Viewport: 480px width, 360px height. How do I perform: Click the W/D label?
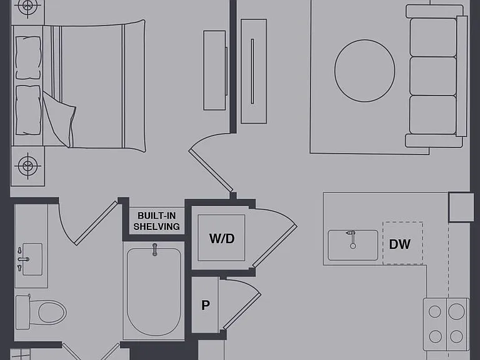pyautogui.click(x=222, y=239)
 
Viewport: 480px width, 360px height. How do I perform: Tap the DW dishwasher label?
pyautogui.click(x=399, y=244)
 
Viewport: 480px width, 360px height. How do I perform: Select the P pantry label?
pyautogui.click(x=206, y=305)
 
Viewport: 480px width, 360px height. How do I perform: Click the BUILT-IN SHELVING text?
pyautogui.click(x=157, y=221)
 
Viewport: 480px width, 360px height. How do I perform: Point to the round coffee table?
pyautogui.click(x=364, y=71)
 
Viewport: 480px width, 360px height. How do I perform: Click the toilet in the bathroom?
pyautogui.click(x=41, y=312)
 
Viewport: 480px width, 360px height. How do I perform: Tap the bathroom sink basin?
pyautogui.click(x=32, y=259)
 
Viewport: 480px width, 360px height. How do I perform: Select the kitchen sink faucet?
pyautogui.click(x=352, y=239)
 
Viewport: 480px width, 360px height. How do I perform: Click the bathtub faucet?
pyautogui.click(x=155, y=249)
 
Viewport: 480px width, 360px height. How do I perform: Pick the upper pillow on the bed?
pyautogui.click(x=28, y=58)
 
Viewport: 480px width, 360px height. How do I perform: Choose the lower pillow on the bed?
pyautogui.click(x=28, y=110)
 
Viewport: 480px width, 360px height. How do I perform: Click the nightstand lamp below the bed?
pyautogui.click(x=28, y=166)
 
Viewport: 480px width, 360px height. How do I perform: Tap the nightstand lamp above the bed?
pyautogui.click(x=27, y=6)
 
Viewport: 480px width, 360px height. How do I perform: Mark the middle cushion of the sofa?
pyautogui.click(x=433, y=76)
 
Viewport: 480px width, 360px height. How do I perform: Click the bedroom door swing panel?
pyautogui.click(x=211, y=171)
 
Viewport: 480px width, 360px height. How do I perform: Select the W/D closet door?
pyautogui.click(x=274, y=246)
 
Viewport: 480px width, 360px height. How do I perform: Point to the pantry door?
pyautogui.click(x=242, y=311)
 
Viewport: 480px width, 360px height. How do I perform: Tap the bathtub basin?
pyautogui.click(x=154, y=292)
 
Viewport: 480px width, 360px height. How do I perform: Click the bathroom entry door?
pyautogui.click(x=96, y=223)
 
